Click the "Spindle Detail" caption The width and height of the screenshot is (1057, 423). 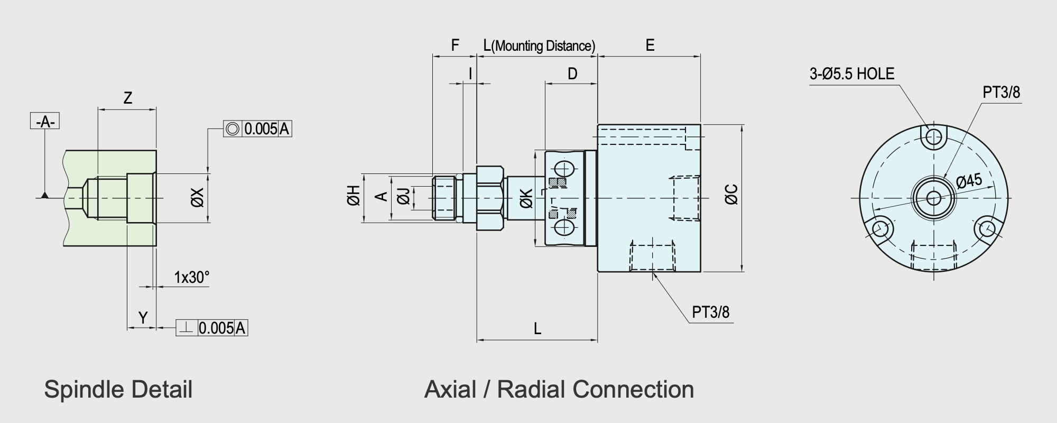click(x=118, y=390)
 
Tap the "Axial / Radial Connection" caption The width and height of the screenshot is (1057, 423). click(x=559, y=390)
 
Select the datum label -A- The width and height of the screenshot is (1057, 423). click(x=45, y=122)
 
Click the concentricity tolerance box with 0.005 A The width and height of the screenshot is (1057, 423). click(x=257, y=128)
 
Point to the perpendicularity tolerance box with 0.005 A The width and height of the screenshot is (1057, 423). click(x=212, y=328)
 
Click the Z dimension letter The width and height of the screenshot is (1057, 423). click(x=127, y=98)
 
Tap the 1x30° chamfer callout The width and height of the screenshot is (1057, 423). click(x=192, y=277)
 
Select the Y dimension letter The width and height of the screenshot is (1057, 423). click(x=143, y=318)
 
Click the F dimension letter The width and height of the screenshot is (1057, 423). click(x=455, y=45)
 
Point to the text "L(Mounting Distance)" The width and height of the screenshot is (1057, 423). click(x=539, y=46)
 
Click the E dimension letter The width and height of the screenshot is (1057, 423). click(x=650, y=45)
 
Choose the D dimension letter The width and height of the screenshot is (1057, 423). click(x=572, y=74)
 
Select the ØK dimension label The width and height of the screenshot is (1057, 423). click(x=526, y=198)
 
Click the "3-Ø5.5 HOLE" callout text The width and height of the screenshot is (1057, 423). click(x=852, y=73)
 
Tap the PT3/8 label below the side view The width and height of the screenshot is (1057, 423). click(x=710, y=312)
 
